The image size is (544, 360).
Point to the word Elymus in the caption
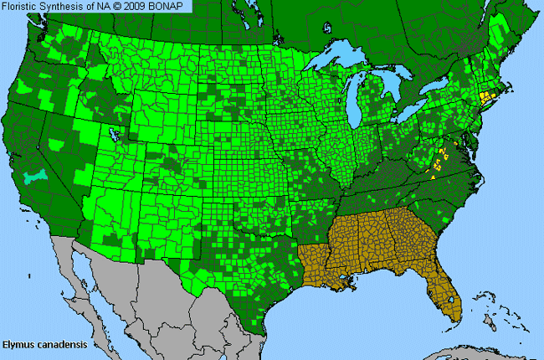(18, 344)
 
